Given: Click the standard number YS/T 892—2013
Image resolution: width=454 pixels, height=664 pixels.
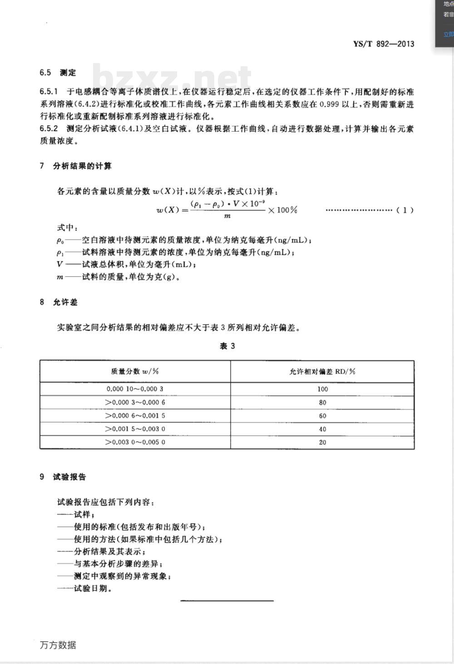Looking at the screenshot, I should click(x=384, y=44).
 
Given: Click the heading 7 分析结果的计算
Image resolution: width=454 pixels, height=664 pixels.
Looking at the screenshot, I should click(x=75, y=166).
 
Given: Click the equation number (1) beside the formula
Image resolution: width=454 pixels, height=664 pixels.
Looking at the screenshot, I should click(x=405, y=210).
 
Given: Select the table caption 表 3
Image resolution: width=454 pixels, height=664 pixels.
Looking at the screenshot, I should click(x=227, y=346).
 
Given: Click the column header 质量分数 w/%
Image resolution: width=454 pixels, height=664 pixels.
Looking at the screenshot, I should click(x=135, y=371).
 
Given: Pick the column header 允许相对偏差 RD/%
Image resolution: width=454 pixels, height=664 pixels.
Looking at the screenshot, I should click(x=322, y=371).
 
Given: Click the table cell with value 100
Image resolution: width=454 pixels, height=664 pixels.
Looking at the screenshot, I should click(x=322, y=389).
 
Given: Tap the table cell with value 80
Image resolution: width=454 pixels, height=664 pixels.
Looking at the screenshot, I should click(x=322, y=403).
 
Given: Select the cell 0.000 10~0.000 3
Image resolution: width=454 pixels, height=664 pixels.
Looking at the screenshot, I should click(x=135, y=389).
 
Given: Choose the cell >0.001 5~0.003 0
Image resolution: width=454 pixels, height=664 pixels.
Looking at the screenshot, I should click(x=135, y=429).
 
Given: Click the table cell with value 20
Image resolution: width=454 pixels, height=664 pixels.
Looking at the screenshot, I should click(x=322, y=442).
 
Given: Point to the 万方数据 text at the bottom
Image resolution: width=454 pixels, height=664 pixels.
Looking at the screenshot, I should click(x=58, y=645).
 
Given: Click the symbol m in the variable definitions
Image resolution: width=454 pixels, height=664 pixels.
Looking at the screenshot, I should click(x=60, y=277).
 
